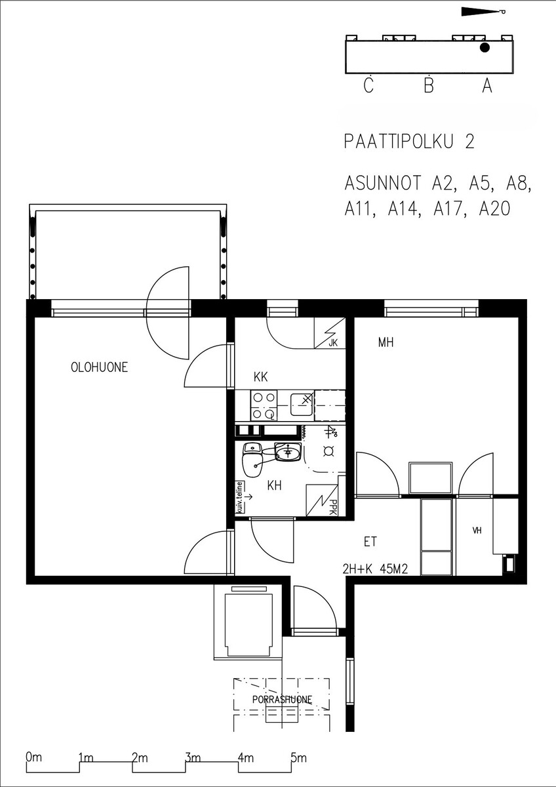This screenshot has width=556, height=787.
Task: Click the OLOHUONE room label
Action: click(100, 367)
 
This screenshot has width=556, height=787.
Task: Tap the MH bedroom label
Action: click(386, 342)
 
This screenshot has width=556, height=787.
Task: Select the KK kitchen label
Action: click(260, 377)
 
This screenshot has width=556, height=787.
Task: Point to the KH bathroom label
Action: click(274, 486)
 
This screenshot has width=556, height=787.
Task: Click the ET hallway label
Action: click(370, 542)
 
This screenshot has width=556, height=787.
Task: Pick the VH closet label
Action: click(477, 531)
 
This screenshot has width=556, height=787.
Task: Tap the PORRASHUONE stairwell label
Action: click(282, 700)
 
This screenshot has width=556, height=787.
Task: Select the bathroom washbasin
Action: click(288, 451)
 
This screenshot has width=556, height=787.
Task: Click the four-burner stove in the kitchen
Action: click(264, 405)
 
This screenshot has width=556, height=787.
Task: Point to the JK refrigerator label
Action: click(333, 343)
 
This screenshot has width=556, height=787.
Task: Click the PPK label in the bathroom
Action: click(333, 508)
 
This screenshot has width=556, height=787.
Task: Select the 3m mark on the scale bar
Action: click(193, 756)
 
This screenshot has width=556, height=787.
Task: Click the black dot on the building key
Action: click(485, 48)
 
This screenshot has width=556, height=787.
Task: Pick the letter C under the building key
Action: click(368, 85)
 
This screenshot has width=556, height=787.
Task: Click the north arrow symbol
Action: click(483, 12)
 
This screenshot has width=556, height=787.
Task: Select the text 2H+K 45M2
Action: click(375, 569)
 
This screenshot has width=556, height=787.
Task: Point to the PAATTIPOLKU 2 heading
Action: click(409, 142)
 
